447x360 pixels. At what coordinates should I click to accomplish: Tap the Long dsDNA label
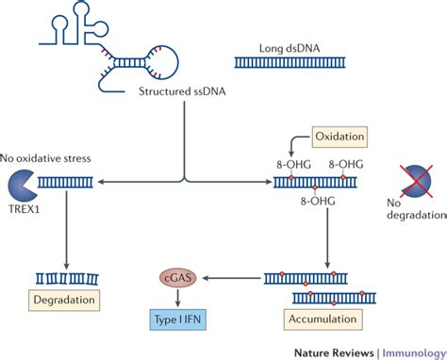click(x=284, y=48)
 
